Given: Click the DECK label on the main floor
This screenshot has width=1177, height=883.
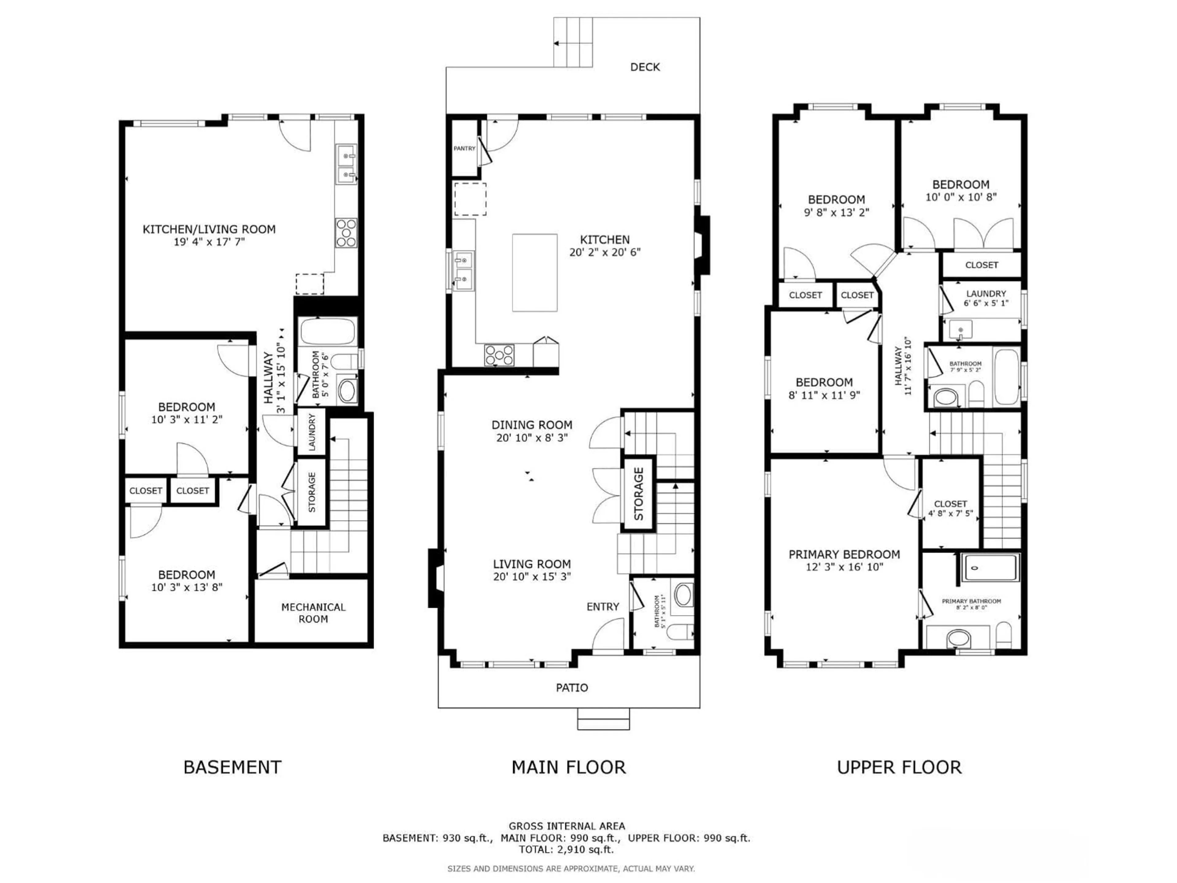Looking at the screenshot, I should [645, 67].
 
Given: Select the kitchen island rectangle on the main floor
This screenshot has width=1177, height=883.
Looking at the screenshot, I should [535, 273].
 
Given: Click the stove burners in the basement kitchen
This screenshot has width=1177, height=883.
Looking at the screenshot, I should [346, 233].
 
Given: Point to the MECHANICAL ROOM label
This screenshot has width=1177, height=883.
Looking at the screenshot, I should [313, 613].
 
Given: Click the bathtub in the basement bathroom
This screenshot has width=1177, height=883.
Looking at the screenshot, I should [327, 332].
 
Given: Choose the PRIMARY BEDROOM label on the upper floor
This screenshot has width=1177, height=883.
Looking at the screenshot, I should [844, 555].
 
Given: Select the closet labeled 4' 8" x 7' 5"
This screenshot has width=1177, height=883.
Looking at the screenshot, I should [950, 508].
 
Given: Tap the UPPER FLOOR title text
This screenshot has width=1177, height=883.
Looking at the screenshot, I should [899, 767].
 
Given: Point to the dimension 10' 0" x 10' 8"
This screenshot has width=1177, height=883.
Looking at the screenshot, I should [960, 197].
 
